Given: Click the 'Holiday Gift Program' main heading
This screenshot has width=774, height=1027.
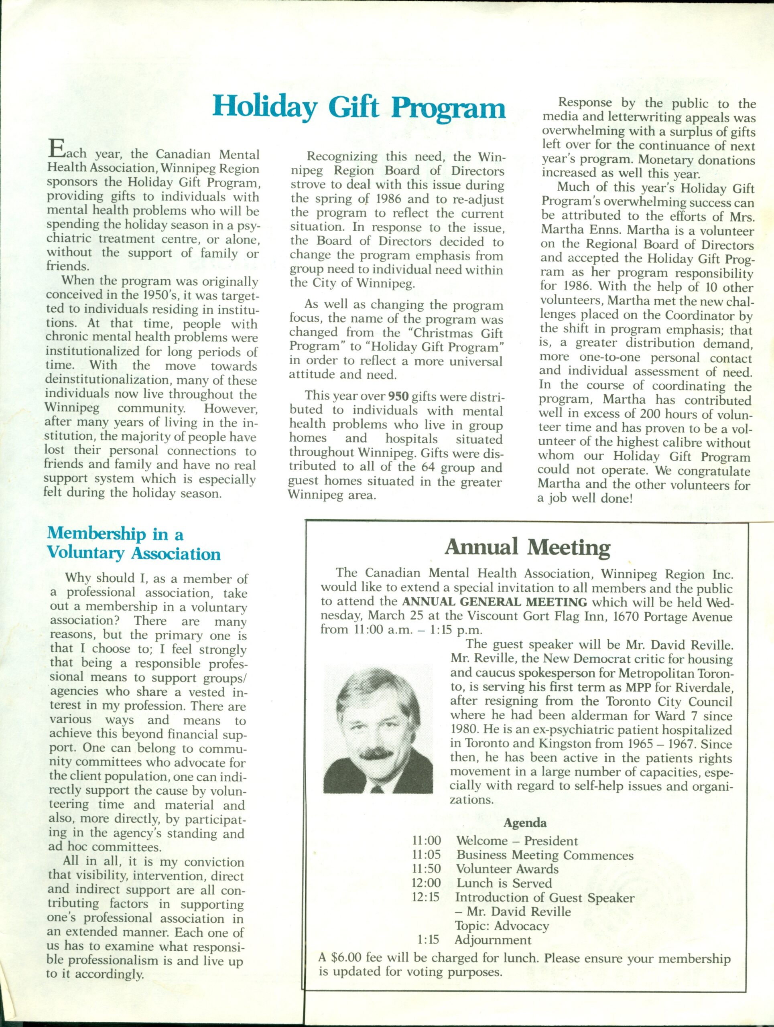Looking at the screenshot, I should [359, 107].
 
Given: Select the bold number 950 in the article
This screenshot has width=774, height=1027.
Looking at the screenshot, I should [398, 396].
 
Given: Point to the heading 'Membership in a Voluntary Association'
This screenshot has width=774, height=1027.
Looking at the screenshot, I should [134, 544].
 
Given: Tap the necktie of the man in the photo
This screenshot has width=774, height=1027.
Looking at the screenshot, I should [377, 788].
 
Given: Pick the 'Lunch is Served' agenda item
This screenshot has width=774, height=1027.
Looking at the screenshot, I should [504, 883].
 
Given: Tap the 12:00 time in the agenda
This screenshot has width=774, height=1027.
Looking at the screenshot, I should [426, 883].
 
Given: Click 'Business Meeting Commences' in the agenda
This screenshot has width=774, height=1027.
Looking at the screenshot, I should [544, 855].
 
